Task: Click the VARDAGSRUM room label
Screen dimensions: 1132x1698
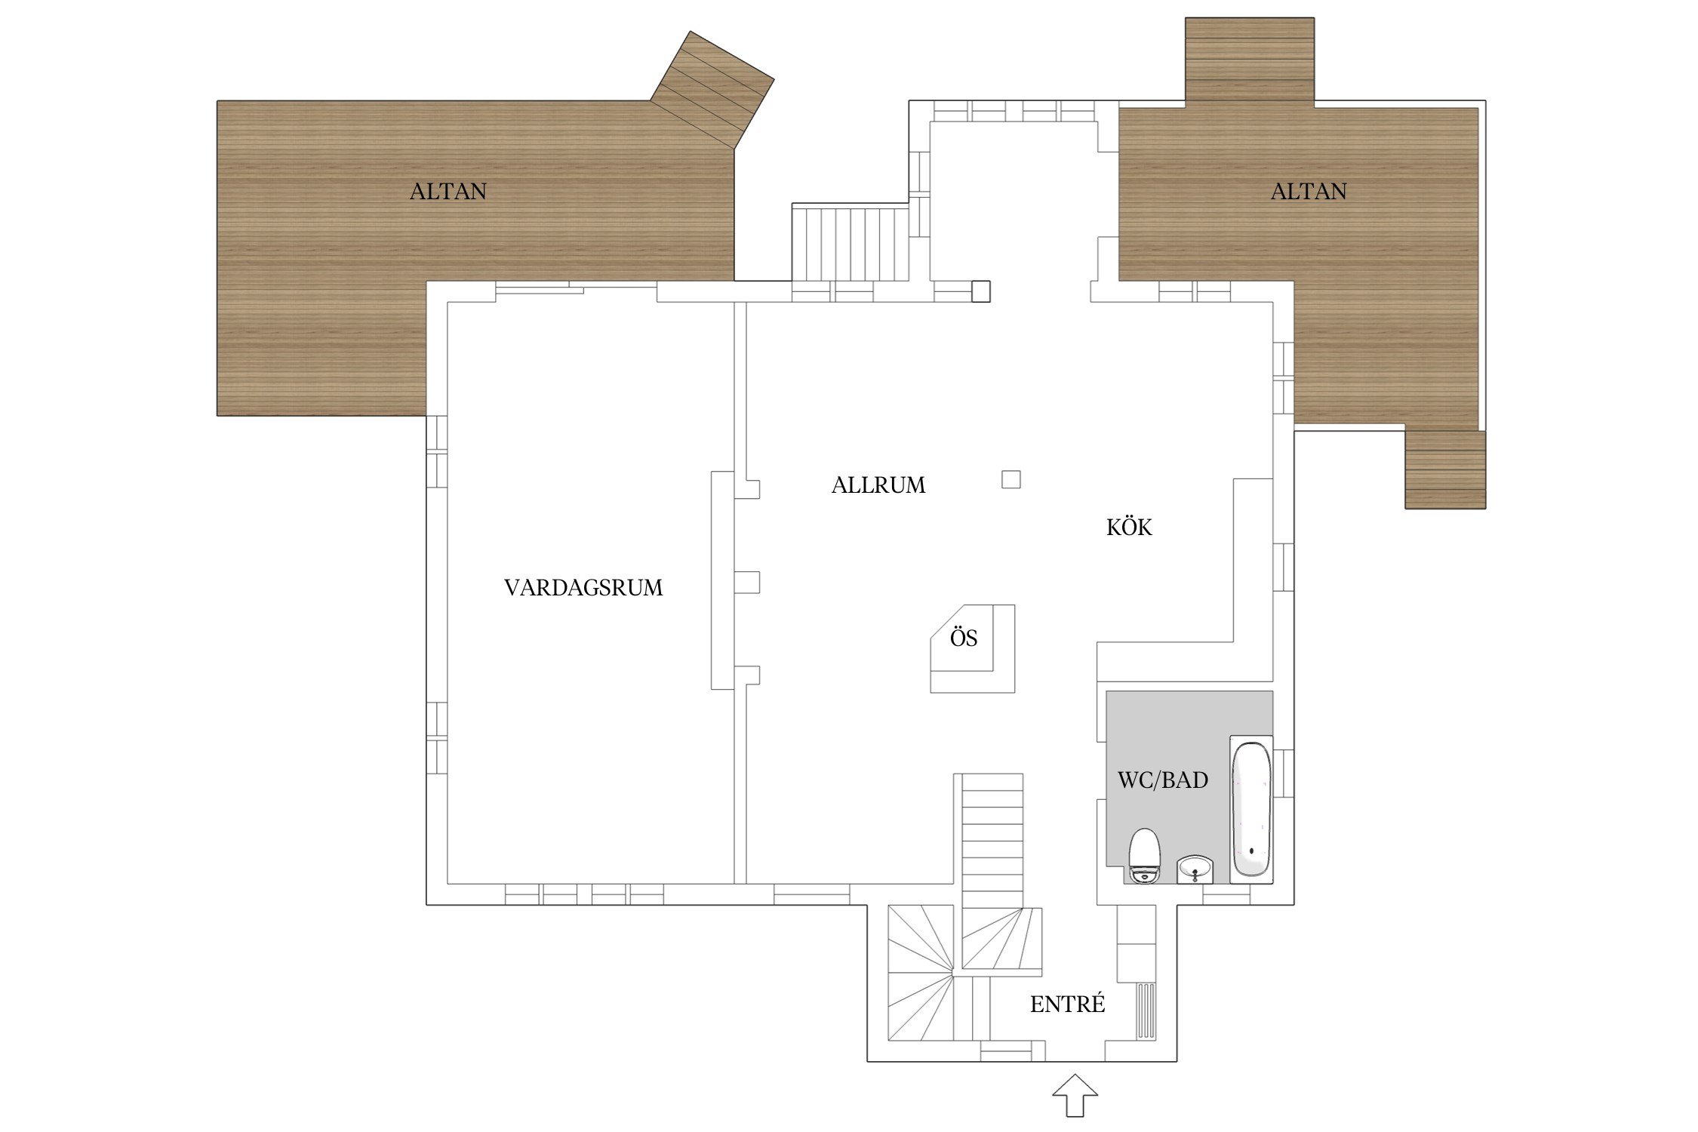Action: (583, 588)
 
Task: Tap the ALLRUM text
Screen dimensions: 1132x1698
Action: (878, 485)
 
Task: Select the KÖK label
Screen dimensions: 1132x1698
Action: (1129, 528)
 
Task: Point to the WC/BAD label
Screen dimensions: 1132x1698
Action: (1162, 780)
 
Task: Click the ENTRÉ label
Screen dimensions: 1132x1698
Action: (1067, 1004)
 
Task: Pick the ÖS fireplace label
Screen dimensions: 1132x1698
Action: (964, 638)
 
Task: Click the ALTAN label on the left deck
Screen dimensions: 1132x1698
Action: (448, 192)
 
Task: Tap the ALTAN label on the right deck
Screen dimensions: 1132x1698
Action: (1309, 192)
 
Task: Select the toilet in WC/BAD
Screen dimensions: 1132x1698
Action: (1144, 856)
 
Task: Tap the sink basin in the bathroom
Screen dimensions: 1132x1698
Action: (1195, 869)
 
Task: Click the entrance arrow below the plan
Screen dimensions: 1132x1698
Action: (1075, 1095)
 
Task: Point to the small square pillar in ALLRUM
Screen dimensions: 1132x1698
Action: (1011, 479)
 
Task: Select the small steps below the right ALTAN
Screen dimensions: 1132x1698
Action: (1445, 469)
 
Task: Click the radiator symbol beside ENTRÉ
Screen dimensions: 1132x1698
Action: (1146, 1010)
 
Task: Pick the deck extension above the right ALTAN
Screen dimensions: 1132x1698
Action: (1250, 60)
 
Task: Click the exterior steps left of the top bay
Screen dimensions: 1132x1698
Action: (850, 243)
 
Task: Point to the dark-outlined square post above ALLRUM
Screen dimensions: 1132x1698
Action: (980, 291)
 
